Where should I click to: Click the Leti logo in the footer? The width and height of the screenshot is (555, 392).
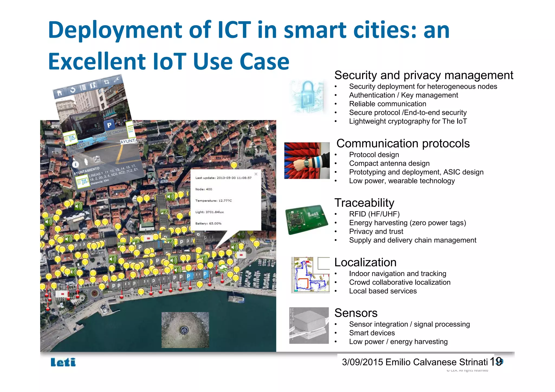[63, 362]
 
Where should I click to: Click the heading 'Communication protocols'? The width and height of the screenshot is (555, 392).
[403, 143]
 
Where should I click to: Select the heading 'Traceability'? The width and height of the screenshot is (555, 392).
[364, 203]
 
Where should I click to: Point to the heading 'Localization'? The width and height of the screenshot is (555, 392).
[365, 262]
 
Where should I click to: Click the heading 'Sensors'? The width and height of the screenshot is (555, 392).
[356, 313]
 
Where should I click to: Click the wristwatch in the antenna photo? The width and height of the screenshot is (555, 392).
[306, 163]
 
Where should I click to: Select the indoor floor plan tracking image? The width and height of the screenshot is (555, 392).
[310, 275]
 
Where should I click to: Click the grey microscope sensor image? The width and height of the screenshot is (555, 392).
[309, 325]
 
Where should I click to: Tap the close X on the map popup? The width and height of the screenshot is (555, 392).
[256, 174]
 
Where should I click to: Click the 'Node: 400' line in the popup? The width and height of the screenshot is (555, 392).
[204, 189]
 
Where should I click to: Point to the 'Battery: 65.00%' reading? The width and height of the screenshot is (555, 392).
[208, 223]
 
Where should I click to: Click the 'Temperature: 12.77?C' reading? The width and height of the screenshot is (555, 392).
[214, 200]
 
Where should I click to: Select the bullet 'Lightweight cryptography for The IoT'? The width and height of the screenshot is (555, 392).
[408, 121]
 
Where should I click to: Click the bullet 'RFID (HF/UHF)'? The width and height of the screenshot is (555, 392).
[374, 214]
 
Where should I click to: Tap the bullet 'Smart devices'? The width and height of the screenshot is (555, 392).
[372, 333]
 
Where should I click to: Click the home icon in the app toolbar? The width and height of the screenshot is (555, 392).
[59, 93]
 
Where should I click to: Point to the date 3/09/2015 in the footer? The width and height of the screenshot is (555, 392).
[362, 362]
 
